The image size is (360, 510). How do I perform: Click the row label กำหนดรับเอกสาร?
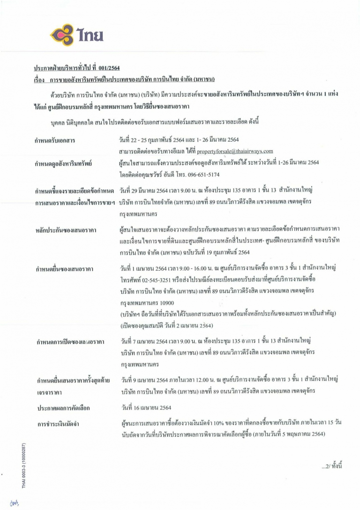[55, 141]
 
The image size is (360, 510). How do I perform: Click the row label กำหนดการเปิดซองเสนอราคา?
[70, 341]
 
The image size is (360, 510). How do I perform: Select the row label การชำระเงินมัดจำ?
[57, 425]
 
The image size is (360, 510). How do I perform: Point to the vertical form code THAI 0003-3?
[24, 465]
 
